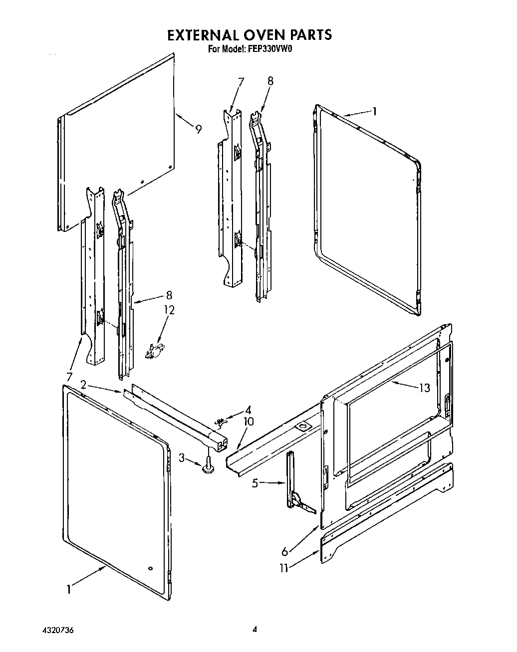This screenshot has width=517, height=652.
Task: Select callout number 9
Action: (x=199, y=129)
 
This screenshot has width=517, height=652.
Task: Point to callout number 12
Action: (x=169, y=310)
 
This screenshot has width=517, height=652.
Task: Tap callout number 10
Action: (x=248, y=422)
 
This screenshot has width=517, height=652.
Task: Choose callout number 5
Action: (x=255, y=483)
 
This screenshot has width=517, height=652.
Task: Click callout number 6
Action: (x=284, y=551)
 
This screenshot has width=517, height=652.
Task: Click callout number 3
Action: (x=182, y=457)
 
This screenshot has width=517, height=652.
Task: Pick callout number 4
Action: (x=248, y=411)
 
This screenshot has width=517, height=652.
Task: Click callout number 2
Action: (x=83, y=384)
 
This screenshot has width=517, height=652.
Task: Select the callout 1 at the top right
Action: (x=375, y=111)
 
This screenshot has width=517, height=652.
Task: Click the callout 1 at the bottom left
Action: (x=68, y=589)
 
